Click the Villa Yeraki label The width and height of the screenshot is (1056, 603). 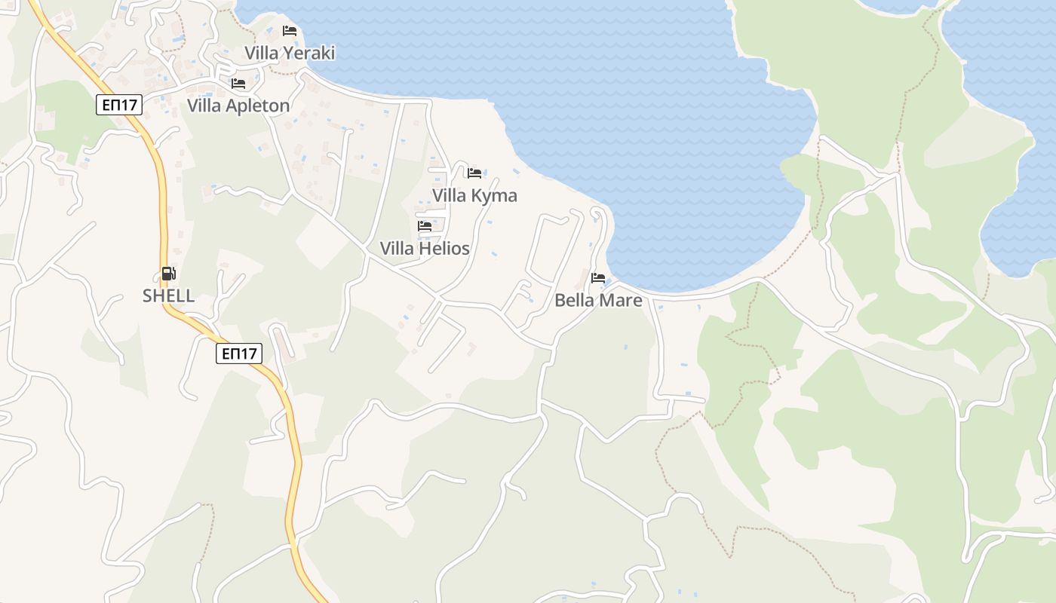pos(290,53)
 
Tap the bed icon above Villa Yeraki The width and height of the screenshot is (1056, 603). pos(290,31)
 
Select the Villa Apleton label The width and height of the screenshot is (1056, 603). pos(238,106)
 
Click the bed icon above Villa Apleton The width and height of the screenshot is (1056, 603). pos(238,84)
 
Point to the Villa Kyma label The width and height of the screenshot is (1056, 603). pos(474,196)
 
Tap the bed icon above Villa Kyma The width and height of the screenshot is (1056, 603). pos(474,173)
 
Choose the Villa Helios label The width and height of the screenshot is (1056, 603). pos(425,249)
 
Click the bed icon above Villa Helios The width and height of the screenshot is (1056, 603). pos(425,226)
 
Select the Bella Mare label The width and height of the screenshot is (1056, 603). pos(598,301)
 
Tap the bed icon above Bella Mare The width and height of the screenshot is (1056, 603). pos(598,278)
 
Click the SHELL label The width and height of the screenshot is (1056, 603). pos(169,296)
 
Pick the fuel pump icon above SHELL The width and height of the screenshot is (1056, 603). pos(169,274)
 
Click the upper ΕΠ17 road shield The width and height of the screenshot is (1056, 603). pos(119,105)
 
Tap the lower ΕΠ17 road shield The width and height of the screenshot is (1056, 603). pos(239,354)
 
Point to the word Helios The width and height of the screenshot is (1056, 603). pos(444,249)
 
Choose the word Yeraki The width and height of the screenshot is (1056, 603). pos(309,53)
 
